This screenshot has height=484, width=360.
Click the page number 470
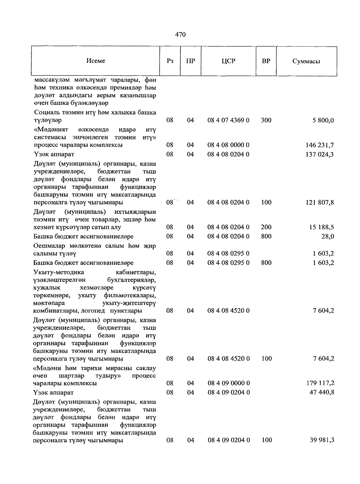[x=180, y=34]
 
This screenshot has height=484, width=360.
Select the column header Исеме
[x=96, y=61]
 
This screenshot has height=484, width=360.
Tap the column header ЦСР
[x=228, y=61]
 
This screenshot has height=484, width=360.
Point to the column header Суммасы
[x=306, y=61]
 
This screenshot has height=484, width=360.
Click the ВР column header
[x=266, y=61]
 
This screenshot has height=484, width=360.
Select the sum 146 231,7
[x=320, y=145]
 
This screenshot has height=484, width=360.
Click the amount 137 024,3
[x=320, y=154]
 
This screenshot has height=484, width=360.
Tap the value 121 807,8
[x=320, y=202]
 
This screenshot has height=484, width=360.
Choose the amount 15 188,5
[x=322, y=227]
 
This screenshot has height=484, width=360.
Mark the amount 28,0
[x=328, y=237]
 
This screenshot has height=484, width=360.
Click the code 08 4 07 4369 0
[x=228, y=120]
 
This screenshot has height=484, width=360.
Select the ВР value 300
[x=266, y=120]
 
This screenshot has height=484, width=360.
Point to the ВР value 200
[x=266, y=227]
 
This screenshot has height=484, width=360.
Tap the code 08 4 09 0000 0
[x=228, y=383]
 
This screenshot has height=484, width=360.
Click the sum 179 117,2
[x=320, y=383]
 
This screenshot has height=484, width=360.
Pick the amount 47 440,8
[x=322, y=393]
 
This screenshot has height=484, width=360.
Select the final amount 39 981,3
[x=322, y=440]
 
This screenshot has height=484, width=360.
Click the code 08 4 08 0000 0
[x=228, y=145]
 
